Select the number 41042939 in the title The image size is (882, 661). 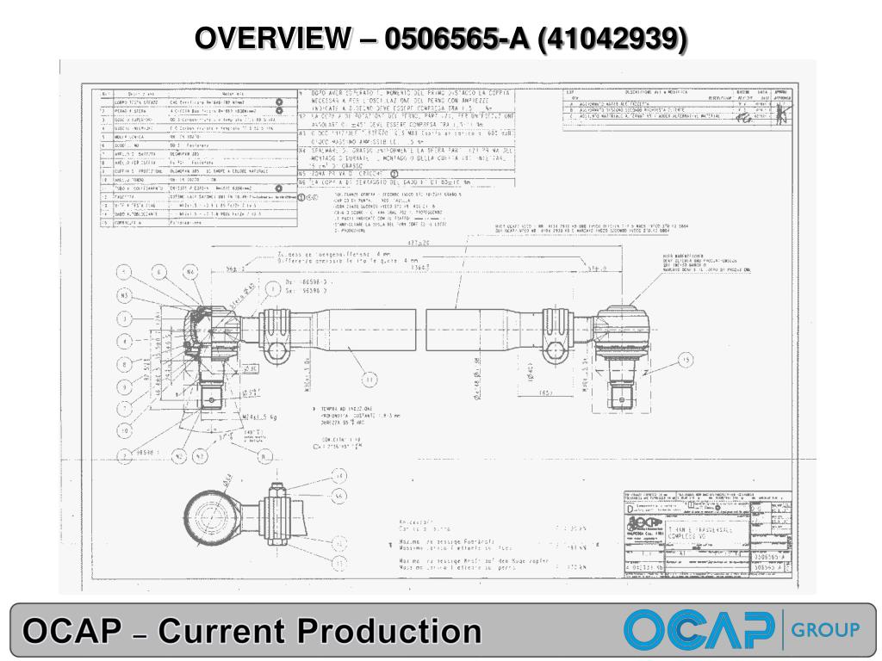coord(612,38)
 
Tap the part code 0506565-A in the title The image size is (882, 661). coord(456,38)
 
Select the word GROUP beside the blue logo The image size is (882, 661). coord(825,629)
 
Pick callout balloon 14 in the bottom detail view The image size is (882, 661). coord(339,475)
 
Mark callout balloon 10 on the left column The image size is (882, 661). coord(124,429)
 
